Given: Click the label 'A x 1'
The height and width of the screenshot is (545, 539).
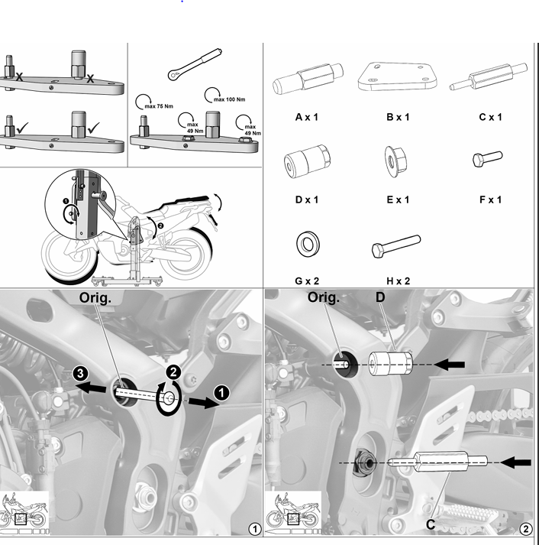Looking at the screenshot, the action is tap(306, 117).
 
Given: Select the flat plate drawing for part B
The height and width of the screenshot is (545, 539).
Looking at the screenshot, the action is tap(398, 76).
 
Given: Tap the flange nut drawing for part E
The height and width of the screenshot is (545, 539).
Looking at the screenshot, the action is tap(395, 161).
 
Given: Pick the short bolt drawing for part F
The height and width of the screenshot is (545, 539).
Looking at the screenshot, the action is tap(488, 159).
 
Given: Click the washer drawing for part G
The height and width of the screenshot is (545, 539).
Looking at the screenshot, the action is tap(308, 244).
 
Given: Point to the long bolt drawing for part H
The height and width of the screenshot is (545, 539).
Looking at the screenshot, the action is tap(396, 246).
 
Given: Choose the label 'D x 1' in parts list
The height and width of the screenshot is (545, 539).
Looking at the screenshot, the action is tap(306, 200).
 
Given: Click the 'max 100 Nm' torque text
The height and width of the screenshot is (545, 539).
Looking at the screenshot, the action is tap(229, 99).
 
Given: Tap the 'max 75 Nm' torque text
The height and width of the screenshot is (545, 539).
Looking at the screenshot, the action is tap(159, 106).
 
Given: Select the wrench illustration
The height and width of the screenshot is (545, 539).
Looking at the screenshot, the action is tap(195, 64).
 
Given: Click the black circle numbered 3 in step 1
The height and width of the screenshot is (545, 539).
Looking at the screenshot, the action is tap(80, 374).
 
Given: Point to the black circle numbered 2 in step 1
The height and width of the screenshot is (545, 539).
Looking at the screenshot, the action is tap(173, 372).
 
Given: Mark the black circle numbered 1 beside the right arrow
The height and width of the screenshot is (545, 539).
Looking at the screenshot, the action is tap(221, 393).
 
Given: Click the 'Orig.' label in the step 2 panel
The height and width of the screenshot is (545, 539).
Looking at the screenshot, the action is tap(324, 297).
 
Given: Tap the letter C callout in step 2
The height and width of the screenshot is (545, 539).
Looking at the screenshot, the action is tap(431, 524).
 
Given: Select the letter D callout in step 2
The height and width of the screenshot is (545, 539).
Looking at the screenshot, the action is tap(380, 297).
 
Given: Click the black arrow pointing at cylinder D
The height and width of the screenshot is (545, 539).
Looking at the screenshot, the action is tap(449, 365).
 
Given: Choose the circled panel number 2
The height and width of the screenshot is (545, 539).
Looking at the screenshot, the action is tap(525, 530).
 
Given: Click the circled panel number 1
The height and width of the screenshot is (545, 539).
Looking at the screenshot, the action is tap(255, 530).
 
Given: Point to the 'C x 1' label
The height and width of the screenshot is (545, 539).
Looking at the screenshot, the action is tap(490, 117).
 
